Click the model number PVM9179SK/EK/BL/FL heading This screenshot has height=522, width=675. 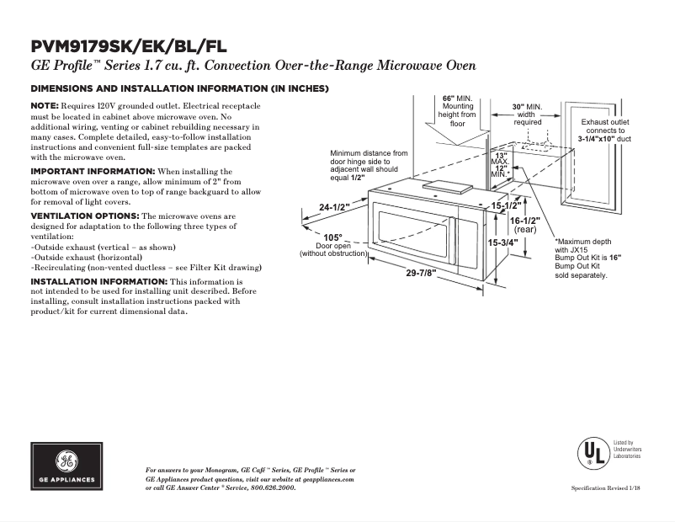click(128, 46)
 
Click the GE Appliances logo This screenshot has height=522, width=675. click(66, 466)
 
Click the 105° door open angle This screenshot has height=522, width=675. click(333, 237)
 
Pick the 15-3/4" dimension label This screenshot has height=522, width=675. click(503, 242)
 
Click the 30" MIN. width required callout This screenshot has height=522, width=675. click(528, 107)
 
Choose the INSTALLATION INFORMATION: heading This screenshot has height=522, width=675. click(98, 280)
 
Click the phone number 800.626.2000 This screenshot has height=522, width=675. click(272, 487)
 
